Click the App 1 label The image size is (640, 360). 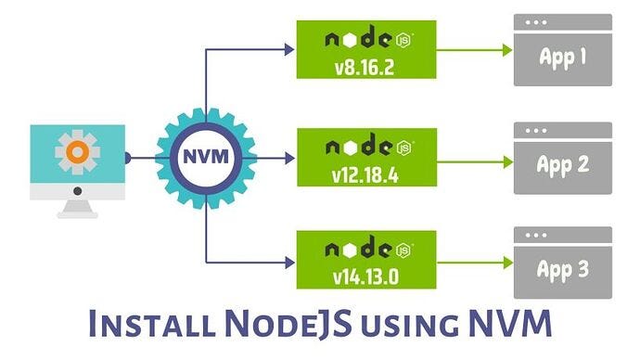563,58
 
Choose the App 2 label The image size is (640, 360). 563,164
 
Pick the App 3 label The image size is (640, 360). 563,270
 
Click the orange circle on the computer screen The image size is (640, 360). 78,151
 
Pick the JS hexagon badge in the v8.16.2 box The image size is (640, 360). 403,42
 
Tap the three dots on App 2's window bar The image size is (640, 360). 537,130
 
